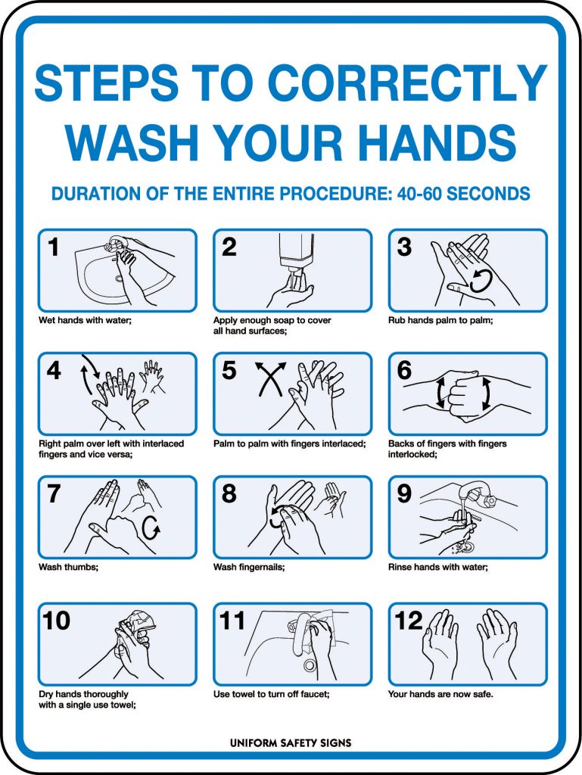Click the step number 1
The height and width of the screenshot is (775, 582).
coord(53,247)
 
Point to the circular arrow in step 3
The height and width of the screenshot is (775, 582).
coord(480,282)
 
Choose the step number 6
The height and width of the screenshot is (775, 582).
coord(404,370)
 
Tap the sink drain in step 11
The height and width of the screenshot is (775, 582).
coord(310,665)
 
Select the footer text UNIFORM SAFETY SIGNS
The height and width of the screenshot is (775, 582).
coord(291,742)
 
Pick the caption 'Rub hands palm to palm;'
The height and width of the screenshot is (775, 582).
coord(440,320)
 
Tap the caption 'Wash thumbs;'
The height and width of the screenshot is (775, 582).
coord(63,567)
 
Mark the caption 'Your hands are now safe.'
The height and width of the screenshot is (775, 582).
coord(440,693)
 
